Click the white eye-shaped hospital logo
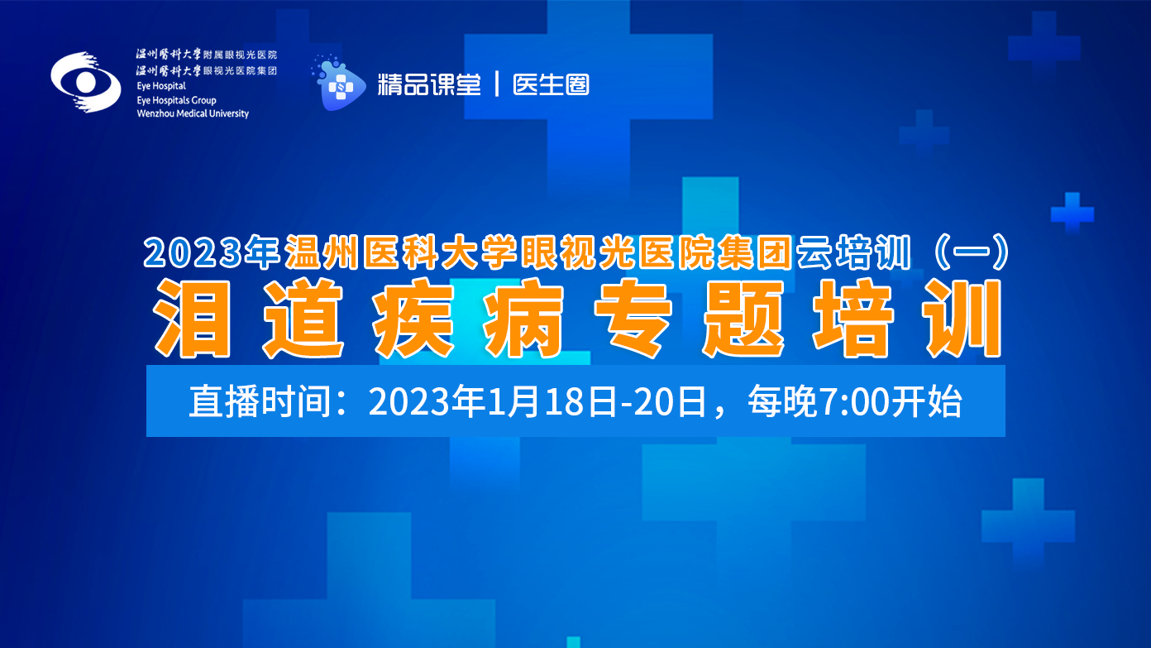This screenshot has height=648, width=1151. coord(86,82)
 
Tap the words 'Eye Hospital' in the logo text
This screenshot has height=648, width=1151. coord(161,86)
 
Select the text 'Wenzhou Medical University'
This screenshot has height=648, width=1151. coord(193,113)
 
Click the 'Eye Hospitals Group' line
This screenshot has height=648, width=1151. coord(176,100)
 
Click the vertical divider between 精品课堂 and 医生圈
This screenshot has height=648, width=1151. coord(497,84)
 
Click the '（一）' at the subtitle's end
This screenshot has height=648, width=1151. coord(971,252)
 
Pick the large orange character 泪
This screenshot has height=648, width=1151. coord(193,319)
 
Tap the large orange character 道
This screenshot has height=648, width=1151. coord(303,319)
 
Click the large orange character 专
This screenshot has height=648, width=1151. coord(633,319)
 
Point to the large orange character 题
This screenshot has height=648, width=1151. coord(743,319)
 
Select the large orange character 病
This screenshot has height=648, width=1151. coord(523,319)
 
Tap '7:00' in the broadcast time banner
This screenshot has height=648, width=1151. coord(853,401)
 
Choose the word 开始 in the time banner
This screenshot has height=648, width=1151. coord(925,401)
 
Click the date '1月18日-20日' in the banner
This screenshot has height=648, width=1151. coord(596,401)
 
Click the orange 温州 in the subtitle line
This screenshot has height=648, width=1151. coord(321,252)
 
